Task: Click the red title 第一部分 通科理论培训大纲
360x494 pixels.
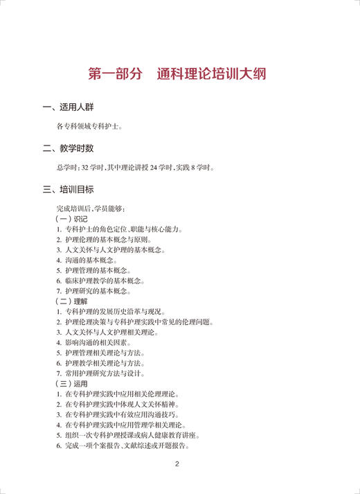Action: point(179,73)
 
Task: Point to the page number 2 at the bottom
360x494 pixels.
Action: point(177,464)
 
